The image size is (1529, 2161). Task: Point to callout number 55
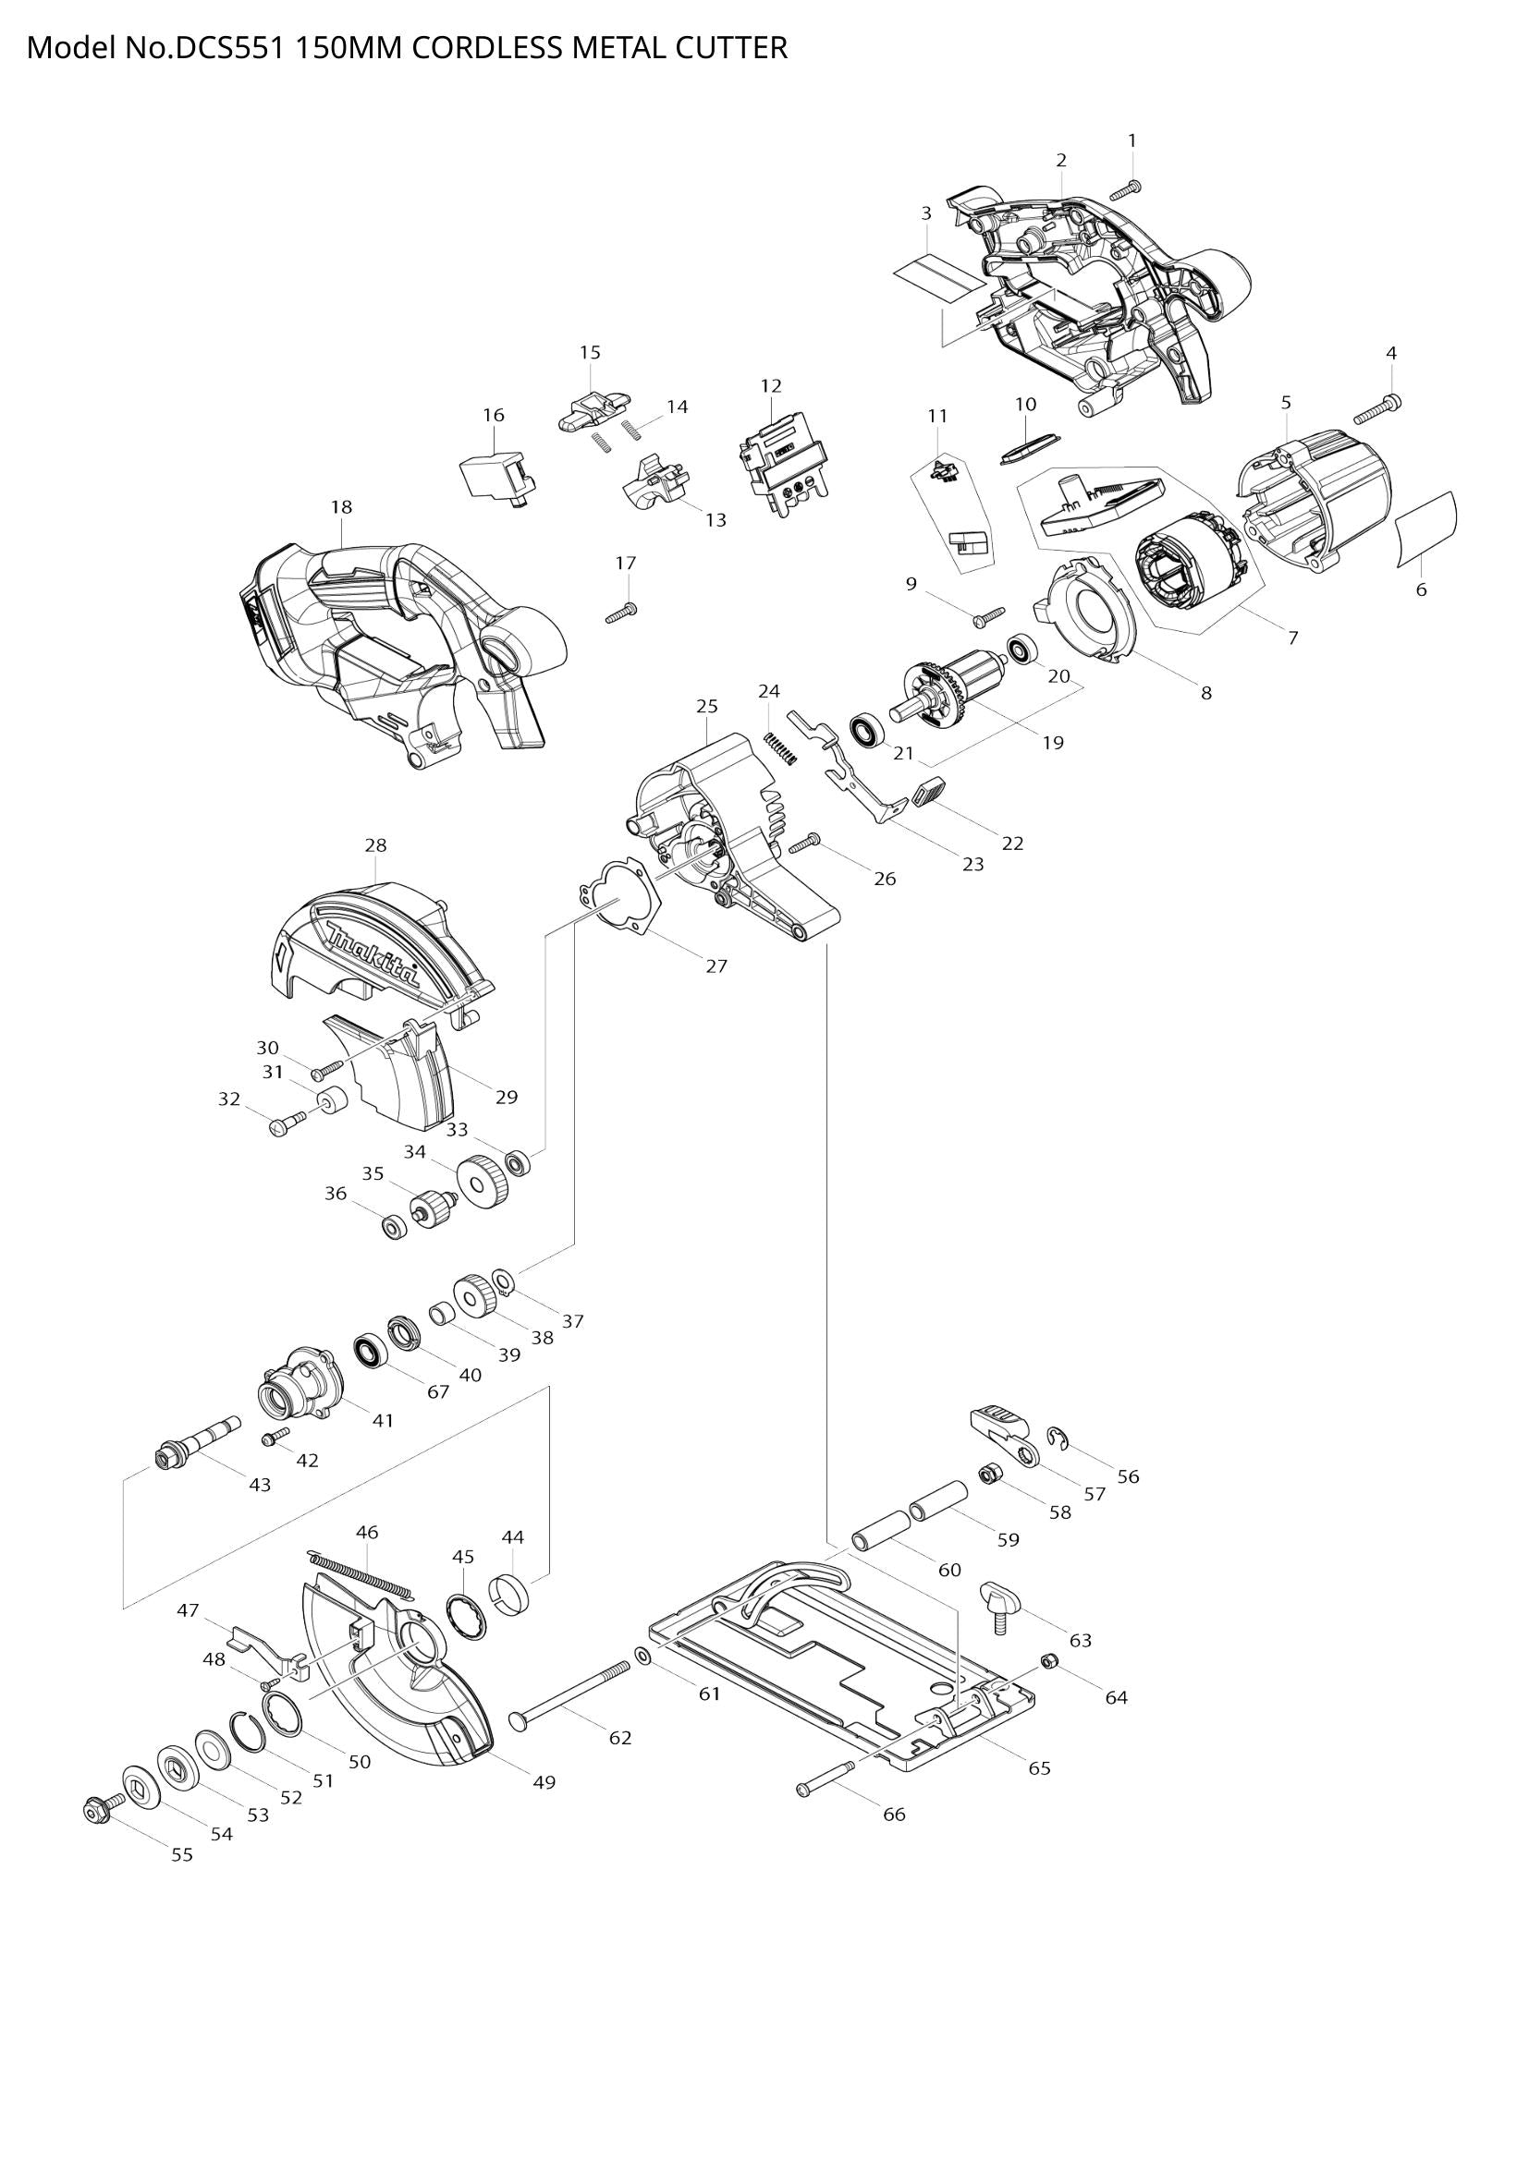coord(182,1854)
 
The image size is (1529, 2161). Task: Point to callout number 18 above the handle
coord(341,507)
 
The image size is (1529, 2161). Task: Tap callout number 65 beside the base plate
coord(1038,1767)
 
